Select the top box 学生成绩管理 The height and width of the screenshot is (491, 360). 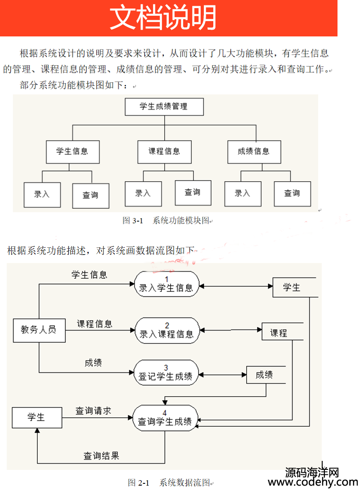[x=164, y=107]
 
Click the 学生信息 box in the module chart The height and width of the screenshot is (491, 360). [x=73, y=152]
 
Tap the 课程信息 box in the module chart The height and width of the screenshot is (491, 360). [x=165, y=152]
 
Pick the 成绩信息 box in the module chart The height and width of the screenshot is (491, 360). [x=254, y=152]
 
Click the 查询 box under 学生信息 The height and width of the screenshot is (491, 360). [x=91, y=196]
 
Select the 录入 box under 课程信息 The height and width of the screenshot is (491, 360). [x=143, y=193]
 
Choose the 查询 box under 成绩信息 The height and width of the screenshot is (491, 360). [x=292, y=193]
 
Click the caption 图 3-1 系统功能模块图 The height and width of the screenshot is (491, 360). [x=167, y=220]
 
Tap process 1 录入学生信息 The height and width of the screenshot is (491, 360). [x=166, y=284]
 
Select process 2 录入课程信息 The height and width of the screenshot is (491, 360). [x=166, y=330]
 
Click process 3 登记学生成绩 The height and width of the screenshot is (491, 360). [x=166, y=373]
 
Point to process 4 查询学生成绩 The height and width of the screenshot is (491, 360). [x=165, y=418]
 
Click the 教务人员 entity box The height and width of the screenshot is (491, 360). [x=39, y=330]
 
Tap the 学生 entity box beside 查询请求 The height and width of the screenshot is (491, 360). [x=37, y=417]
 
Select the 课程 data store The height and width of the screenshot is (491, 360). [x=282, y=332]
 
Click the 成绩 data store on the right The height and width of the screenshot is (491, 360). [x=266, y=375]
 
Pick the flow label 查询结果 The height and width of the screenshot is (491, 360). [x=101, y=455]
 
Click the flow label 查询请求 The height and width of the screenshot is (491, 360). [x=93, y=411]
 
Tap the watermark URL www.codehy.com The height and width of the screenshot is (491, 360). [x=313, y=482]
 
